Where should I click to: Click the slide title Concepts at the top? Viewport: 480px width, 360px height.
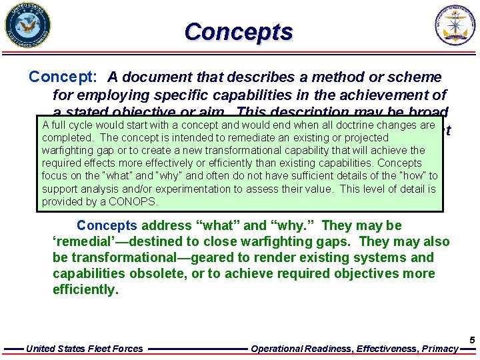[239, 31]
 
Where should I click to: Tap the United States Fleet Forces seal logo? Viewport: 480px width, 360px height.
[27, 26]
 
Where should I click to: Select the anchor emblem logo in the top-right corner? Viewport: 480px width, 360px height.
[457, 26]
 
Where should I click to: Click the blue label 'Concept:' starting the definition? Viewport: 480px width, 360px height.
[64, 77]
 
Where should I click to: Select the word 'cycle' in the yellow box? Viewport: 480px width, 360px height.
[77, 125]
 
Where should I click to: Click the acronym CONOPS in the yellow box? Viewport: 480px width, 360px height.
[135, 201]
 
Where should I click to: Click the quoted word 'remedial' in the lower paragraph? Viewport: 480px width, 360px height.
[86, 242]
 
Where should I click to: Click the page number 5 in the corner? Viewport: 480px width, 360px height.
[472, 340]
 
